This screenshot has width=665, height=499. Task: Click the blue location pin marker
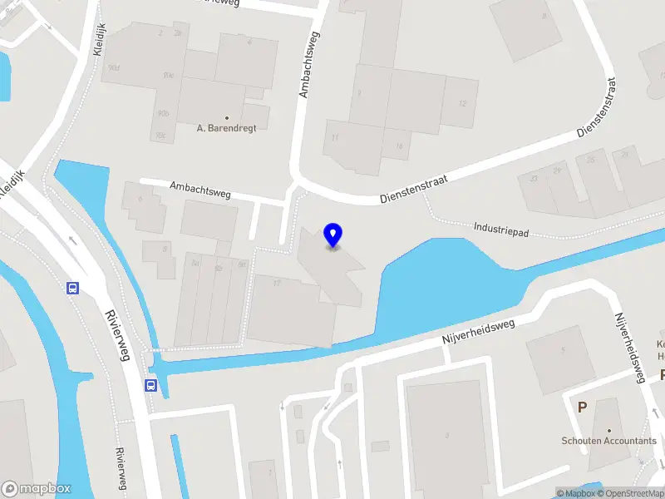pos(333,235)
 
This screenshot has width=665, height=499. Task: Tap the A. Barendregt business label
pos(226,128)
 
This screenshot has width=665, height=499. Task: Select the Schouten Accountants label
pos(608,441)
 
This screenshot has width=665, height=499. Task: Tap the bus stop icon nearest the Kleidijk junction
pos(73,289)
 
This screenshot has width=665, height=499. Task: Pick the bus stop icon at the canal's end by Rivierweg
pos(151,385)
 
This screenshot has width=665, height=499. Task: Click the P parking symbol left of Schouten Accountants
pos(583,408)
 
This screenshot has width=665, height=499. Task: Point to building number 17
pos(277,284)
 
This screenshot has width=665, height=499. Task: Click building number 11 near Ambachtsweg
pos(336,137)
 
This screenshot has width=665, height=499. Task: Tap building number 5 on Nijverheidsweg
pos(563,350)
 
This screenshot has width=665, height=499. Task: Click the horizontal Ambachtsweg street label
pos(200,190)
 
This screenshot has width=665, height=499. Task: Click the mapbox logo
pos(36,489)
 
